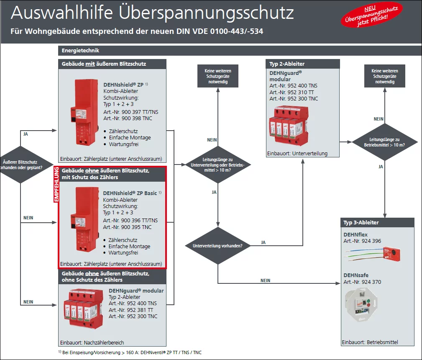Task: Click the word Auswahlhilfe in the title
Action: pyautogui.click(x=61, y=13)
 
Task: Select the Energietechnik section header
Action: pyautogui.click(x=80, y=51)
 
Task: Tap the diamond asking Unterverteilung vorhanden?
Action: pyautogui.click(x=217, y=245)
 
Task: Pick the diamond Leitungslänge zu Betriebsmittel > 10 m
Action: pyautogui.click(x=385, y=142)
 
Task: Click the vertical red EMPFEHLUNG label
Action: pyautogui.click(x=56, y=185)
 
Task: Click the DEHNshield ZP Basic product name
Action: pyautogui.click(x=130, y=193)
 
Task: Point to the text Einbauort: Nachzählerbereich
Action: pyautogui.click(x=92, y=342)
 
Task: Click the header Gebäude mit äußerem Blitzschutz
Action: pyautogui.click(x=104, y=64)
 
